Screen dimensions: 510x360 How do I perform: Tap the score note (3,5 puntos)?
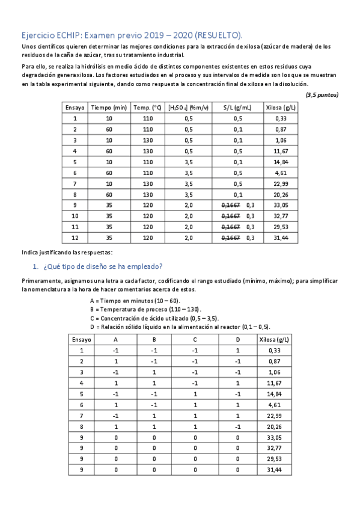322,94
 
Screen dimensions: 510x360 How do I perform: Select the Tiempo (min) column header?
109,108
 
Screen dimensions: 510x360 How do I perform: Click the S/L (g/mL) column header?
237,108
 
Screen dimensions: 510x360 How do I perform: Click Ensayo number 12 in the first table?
75,238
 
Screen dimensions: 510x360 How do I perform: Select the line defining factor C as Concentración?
154,318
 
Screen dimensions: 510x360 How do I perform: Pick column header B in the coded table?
154,339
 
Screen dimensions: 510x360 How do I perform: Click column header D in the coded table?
237,339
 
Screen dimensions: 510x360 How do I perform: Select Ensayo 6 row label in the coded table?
81,404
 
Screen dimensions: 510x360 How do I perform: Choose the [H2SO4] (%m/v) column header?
189,108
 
